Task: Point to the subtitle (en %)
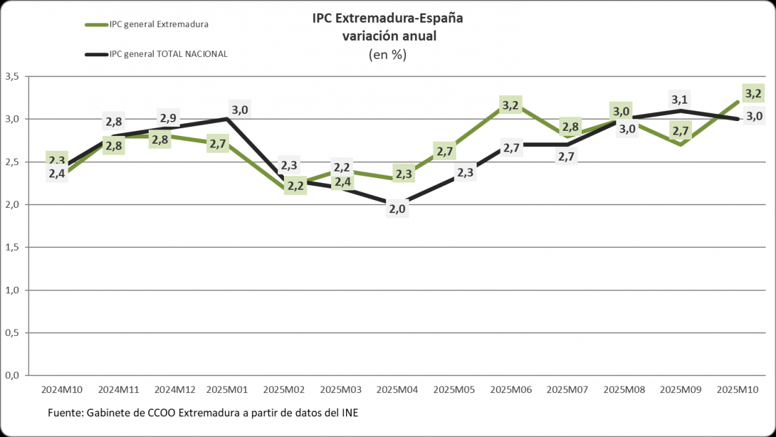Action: [x=387, y=54]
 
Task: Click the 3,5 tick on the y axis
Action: [x=12, y=76]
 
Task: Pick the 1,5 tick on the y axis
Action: [x=12, y=247]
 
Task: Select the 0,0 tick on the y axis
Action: [x=12, y=375]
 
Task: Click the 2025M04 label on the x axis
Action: [x=397, y=390]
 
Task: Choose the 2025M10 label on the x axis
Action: [x=738, y=390]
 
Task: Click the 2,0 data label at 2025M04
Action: [x=396, y=208]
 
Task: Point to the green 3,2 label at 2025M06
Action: [x=510, y=105]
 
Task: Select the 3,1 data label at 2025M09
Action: [x=679, y=100]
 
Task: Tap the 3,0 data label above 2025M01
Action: [x=239, y=109]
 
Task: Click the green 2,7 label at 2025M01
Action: [x=218, y=144]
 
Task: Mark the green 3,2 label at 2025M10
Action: [x=753, y=94]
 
